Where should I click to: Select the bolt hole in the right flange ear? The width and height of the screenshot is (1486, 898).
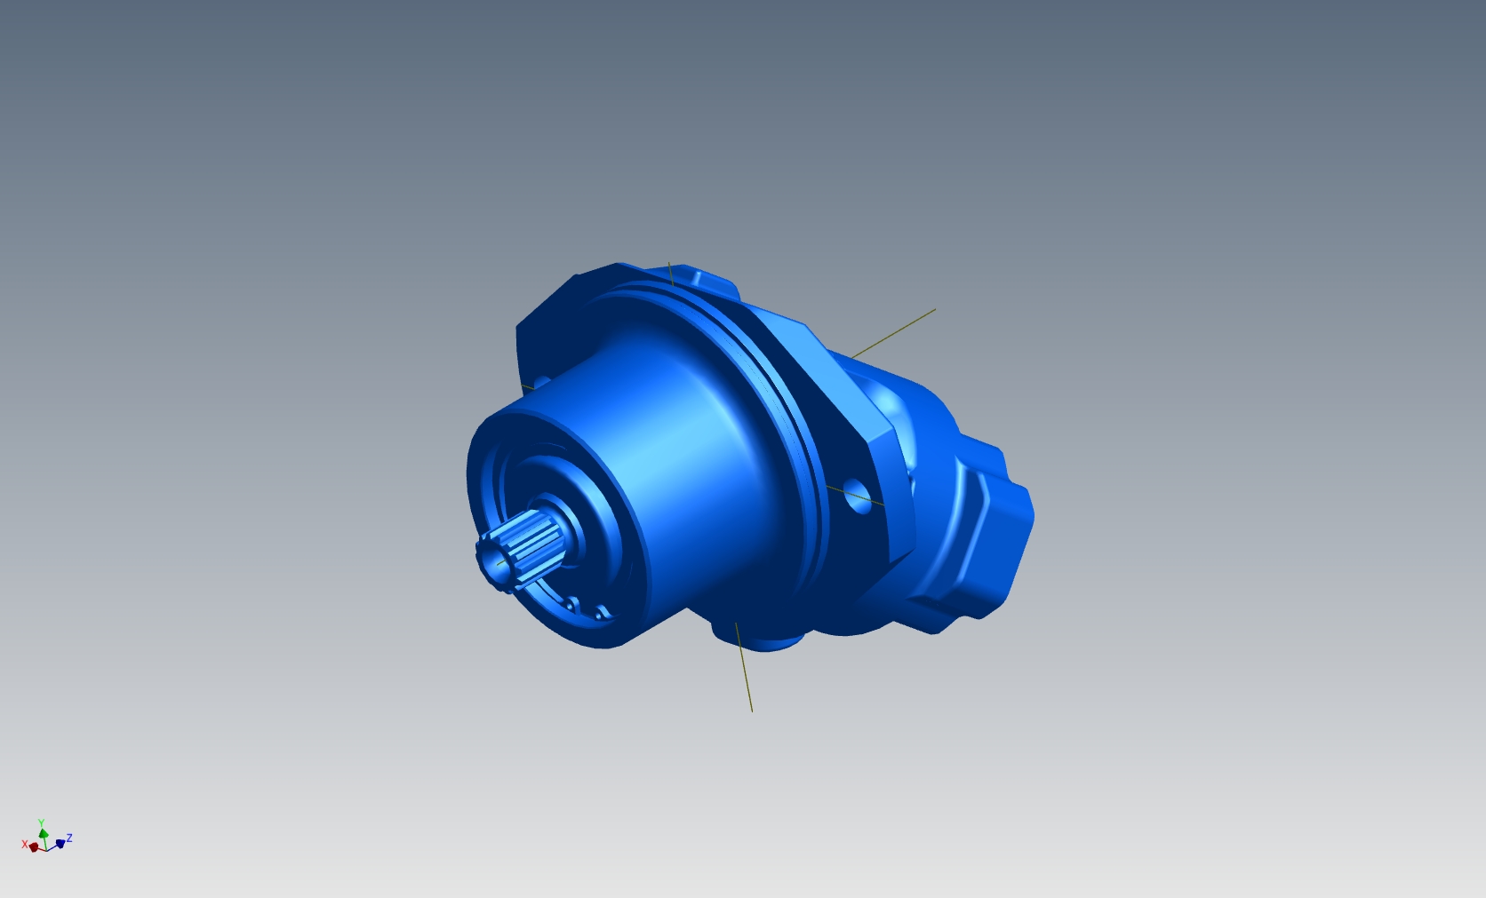[858, 497]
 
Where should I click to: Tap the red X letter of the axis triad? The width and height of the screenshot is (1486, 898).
[25, 845]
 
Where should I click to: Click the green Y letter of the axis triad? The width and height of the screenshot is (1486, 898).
[41, 823]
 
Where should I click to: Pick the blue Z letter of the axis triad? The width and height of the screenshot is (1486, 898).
[69, 838]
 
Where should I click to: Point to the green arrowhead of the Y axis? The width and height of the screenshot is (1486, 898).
[44, 833]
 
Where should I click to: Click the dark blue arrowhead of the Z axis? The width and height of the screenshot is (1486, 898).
[60, 844]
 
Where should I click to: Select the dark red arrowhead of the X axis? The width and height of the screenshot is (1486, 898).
[34, 847]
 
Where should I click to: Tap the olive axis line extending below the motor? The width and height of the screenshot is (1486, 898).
[744, 667]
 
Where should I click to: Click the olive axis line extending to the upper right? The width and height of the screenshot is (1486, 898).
[893, 333]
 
